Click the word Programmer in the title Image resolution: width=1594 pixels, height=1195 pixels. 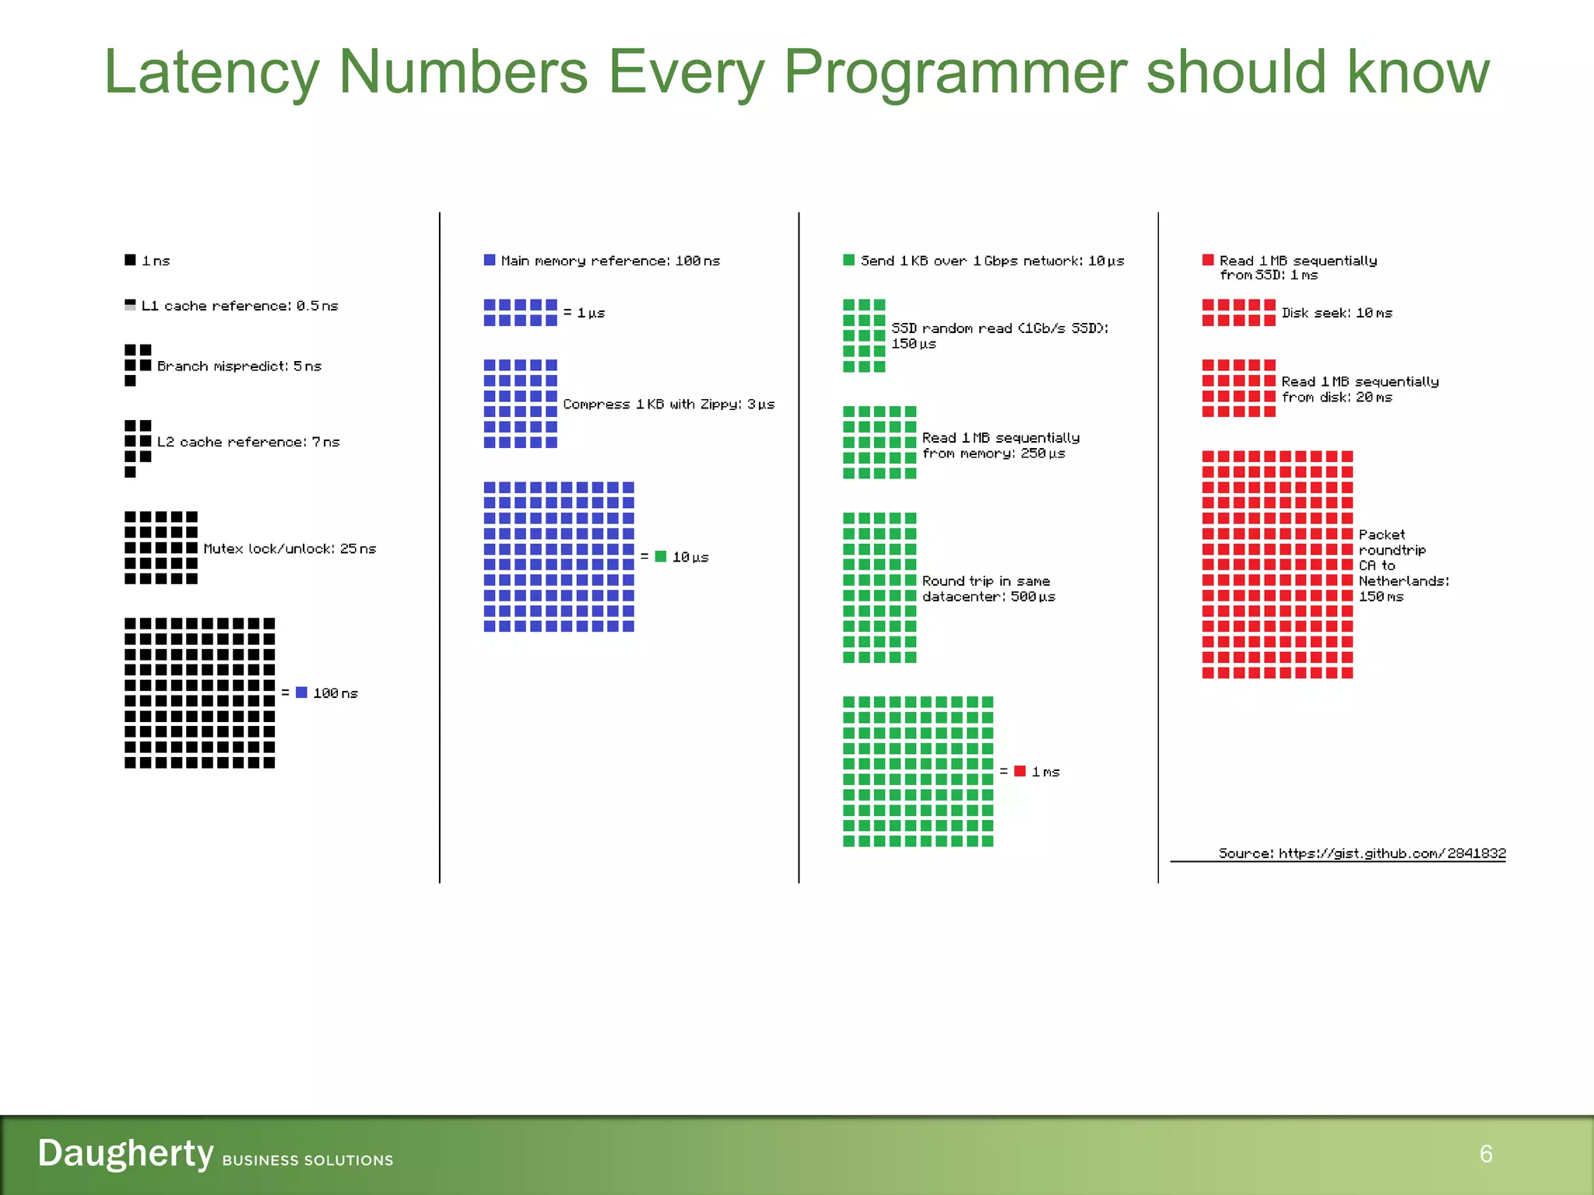coord(957,72)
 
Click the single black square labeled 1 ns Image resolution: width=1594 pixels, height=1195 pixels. coord(130,260)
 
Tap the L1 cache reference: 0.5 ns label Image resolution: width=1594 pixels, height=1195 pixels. coord(240,306)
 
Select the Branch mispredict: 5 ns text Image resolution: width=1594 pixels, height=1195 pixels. coord(239,366)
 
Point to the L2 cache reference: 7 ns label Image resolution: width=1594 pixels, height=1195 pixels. coord(248,442)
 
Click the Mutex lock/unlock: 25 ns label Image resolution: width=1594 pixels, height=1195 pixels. coord(290,548)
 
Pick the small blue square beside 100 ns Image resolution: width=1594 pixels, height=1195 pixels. coord(301,692)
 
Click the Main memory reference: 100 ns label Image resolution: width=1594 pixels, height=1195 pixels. coord(610,261)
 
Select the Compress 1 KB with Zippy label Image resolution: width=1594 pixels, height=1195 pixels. coord(669,404)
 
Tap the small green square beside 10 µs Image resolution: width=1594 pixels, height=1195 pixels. coord(661,556)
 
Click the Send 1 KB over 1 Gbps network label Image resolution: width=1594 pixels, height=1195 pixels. coord(992,261)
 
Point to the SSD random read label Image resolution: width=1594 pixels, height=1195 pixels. coord(999,335)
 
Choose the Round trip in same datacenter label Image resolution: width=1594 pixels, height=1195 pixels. coord(987,589)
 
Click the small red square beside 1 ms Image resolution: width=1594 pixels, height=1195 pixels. coord(1020,771)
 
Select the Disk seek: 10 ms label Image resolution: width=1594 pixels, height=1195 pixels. coord(1336,313)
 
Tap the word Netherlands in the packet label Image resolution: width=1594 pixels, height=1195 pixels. coord(1403,581)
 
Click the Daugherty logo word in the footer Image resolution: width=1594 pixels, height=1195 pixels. coord(125,1153)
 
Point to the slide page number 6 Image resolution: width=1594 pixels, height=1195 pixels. coord(1485,1154)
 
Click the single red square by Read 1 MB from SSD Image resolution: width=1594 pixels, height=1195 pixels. coord(1208,260)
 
